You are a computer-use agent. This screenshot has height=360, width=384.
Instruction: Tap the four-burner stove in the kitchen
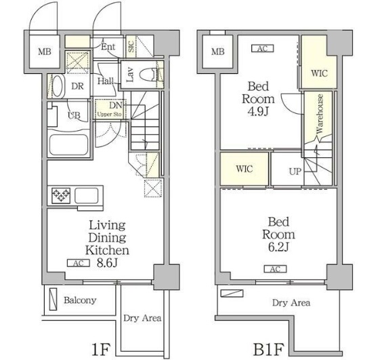pos(61,195)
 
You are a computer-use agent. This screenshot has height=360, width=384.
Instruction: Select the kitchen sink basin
pos(86,195)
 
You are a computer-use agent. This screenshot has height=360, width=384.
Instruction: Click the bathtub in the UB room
pos(68,144)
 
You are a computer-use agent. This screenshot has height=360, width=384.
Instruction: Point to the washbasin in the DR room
pos(58,86)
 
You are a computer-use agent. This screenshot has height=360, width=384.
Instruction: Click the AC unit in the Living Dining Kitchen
pos(79,263)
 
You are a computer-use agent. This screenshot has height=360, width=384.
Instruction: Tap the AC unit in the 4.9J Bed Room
pos(263,49)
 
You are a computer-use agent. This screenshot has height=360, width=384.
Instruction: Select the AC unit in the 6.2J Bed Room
pos(275,269)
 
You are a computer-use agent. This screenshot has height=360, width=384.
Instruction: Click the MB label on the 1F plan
pos(45,52)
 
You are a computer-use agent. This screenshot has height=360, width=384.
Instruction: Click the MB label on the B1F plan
pos(217,52)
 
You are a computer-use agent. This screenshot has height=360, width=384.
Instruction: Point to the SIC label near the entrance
pos(131,46)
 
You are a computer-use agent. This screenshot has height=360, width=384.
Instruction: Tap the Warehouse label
pos(320,113)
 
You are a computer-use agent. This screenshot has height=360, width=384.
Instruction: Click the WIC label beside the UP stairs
pos(244,169)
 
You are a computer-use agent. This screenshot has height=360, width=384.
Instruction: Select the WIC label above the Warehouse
pos(319,73)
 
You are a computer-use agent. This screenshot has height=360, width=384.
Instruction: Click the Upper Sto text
pos(110,115)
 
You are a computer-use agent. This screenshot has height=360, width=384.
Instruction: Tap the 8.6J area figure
pos(107,263)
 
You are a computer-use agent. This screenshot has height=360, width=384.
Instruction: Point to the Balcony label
pos(80,300)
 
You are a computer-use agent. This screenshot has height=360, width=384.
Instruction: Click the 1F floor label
pos(101,349)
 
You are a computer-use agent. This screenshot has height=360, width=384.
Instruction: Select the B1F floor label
pos(268,349)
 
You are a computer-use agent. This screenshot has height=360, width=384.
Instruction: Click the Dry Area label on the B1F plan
pos(291,303)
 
